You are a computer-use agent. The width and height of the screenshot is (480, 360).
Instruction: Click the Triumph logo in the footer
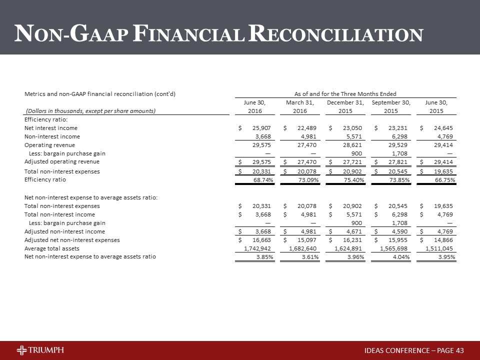coord(40,349)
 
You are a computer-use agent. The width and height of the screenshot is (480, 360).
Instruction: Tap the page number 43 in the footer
coord(459,349)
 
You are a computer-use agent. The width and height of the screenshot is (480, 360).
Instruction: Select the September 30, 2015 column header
coord(391,106)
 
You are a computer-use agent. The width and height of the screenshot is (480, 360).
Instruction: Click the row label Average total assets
coord(52,248)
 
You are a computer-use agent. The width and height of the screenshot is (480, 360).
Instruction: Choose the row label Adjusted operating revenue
coord(62,161)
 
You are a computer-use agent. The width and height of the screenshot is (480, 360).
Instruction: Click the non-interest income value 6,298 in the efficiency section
coord(399,136)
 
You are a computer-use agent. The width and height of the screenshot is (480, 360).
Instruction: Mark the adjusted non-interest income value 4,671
coord(353,231)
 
